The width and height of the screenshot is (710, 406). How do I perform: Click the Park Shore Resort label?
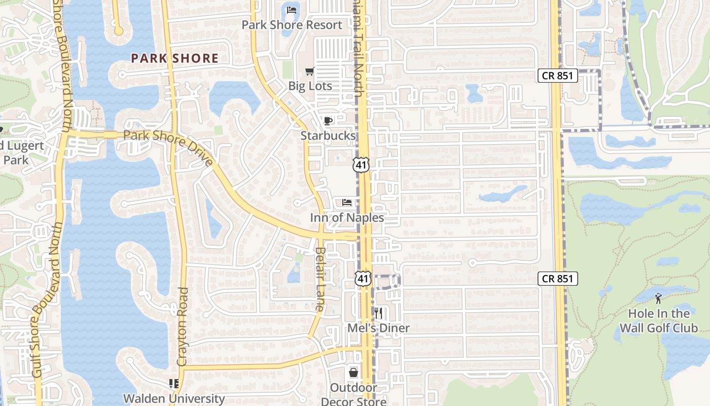pyautogui.click(x=292, y=25)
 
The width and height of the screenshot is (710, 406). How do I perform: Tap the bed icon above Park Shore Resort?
pyautogui.click(x=292, y=10)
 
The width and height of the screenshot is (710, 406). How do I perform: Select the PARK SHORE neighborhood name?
pyautogui.click(x=175, y=58)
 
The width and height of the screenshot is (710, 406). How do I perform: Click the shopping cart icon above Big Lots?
pyautogui.click(x=309, y=71)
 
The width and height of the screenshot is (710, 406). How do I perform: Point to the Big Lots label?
pyautogui.click(x=310, y=86)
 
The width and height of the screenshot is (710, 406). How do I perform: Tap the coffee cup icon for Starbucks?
pyautogui.click(x=328, y=121)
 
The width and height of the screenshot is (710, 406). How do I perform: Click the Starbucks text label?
pyautogui.click(x=328, y=136)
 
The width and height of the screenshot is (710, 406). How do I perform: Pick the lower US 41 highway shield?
pyautogui.click(x=363, y=278)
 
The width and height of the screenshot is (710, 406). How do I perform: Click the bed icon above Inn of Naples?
pyautogui.click(x=347, y=203)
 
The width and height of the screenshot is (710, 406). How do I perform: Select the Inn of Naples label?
pyautogui.click(x=347, y=218)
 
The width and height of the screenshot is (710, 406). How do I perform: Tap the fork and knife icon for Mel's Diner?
pyautogui.click(x=378, y=313)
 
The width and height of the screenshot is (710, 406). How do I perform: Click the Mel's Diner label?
pyautogui.click(x=378, y=328)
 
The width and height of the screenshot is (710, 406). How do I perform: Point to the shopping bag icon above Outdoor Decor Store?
pyautogui.click(x=353, y=373)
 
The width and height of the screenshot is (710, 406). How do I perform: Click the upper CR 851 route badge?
pyautogui.click(x=558, y=76)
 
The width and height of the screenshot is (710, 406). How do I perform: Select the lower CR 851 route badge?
pyautogui.click(x=558, y=279)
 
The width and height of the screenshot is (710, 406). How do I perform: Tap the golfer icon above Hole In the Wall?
pyautogui.click(x=658, y=298)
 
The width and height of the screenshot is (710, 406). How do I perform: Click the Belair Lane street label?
pyautogui.click(x=319, y=279)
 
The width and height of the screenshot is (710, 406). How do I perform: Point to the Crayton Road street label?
pyautogui.click(x=183, y=327)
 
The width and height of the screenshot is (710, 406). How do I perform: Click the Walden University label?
pyautogui.click(x=174, y=398)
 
